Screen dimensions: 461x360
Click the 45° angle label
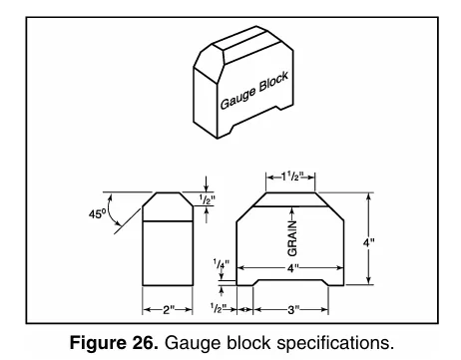pos(97,213)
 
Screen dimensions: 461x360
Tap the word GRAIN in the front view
pos(292,238)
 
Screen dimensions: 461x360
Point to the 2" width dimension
pos(169,310)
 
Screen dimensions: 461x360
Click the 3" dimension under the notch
pos(293,310)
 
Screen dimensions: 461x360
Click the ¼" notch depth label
pos(222,264)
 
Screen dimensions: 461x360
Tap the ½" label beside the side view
pos(208,199)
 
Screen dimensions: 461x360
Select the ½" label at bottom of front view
pos(219,308)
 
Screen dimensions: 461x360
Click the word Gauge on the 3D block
pos(238,98)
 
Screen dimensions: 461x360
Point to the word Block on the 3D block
pos(273,82)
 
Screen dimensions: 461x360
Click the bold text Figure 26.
pos(114,342)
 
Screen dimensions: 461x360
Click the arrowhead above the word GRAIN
pos(292,210)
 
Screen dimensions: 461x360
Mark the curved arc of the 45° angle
pos(112,210)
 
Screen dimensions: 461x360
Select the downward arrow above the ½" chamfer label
pos(207,183)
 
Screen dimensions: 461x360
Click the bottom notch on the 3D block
pos(254,118)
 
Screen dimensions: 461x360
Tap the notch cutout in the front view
pos(290,282)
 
